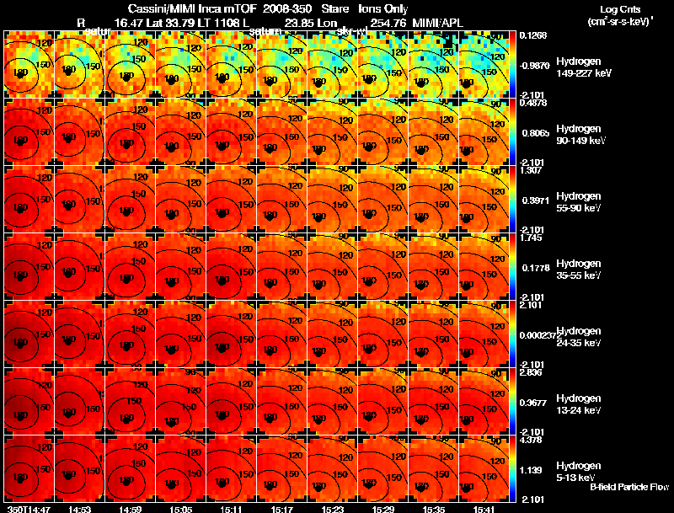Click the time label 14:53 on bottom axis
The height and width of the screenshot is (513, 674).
click(x=80, y=508)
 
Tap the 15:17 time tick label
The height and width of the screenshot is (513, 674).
click(x=282, y=508)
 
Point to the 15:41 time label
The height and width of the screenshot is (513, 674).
click(x=484, y=508)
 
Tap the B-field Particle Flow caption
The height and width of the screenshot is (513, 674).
click(x=629, y=488)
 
